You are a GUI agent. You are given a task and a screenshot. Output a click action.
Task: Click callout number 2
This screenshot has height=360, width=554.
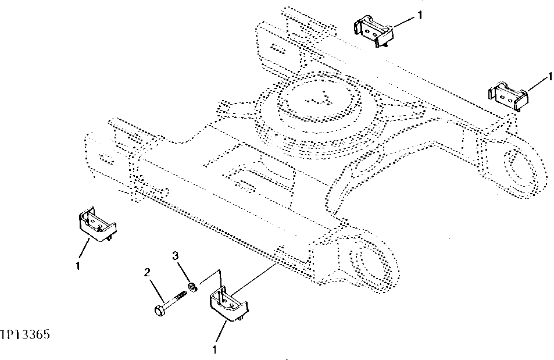point(148,272)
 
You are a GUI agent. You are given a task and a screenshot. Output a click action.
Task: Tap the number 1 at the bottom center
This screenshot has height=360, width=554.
point(215,350)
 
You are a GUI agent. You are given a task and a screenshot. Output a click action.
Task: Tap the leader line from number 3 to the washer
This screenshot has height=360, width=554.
point(184,270)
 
